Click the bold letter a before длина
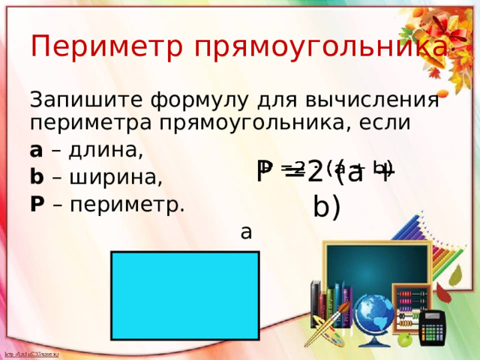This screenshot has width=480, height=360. pyautogui.click(x=36, y=150)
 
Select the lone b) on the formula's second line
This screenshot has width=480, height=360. pyautogui.click(x=327, y=205)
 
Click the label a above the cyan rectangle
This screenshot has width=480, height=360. pyautogui.click(x=246, y=233)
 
